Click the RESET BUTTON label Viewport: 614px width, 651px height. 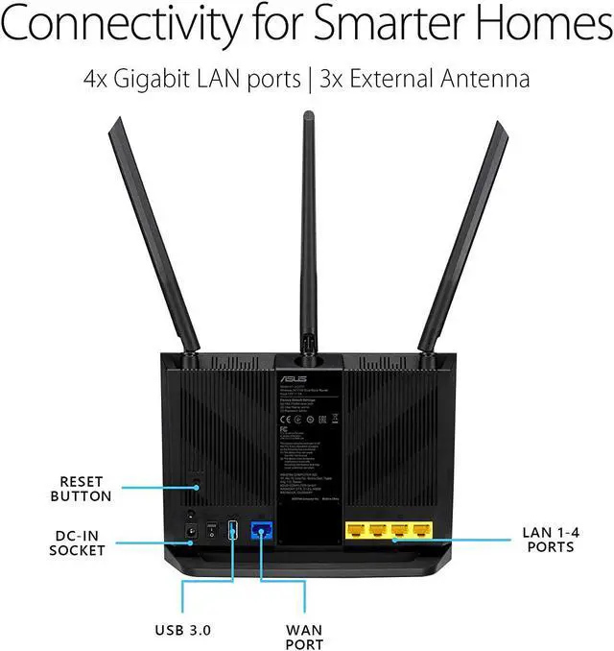point(85,489)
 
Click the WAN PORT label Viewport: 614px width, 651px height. point(304,637)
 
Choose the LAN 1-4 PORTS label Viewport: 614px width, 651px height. point(548,539)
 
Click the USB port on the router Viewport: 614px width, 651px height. point(231,529)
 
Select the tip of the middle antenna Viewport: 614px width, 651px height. point(308,115)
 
